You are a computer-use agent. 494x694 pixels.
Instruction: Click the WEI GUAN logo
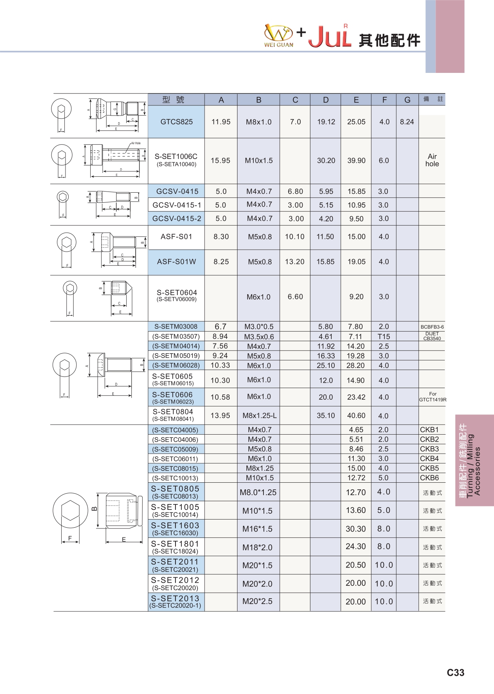pyautogui.click(x=279, y=36)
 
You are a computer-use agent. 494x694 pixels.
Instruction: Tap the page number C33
pyautogui.click(x=455, y=673)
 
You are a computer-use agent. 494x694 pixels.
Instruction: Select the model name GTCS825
pyautogui.click(x=176, y=122)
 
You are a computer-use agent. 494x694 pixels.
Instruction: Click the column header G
pyautogui.click(x=407, y=100)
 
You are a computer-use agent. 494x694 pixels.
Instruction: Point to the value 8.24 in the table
pyautogui.click(x=407, y=122)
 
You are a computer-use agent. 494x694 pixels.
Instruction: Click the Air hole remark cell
pyautogui.click(x=432, y=160)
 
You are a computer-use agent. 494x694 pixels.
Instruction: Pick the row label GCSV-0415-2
pyautogui.click(x=177, y=219)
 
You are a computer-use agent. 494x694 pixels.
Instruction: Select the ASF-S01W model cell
pyautogui.click(x=176, y=262)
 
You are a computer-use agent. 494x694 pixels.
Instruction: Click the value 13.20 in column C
pyautogui.click(x=294, y=262)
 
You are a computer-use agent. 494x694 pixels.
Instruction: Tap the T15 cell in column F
pyautogui.click(x=384, y=337)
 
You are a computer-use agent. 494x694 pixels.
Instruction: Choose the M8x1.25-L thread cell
pyautogui.click(x=260, y=416)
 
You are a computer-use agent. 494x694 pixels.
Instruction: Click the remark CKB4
pyautogui.click(x=429, y=458)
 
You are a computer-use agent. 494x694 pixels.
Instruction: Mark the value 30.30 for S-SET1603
pyautogui.click(x=356, y=529)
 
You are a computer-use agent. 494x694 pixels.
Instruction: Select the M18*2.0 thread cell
pyautogui.click(x=257, y=547)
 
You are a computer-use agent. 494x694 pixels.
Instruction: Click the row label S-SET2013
pyautogui.click(x=175, y=598)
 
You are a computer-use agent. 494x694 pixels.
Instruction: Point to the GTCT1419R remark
pyautogui.click(x=432, y=400)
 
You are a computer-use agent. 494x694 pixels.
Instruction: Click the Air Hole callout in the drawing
pyautogui.click(x=136, y=143)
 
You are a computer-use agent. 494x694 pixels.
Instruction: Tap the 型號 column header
pyautogui.click(x=173, y=100)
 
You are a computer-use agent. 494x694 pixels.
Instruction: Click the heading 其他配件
pyautogui.click(x=389, y=40)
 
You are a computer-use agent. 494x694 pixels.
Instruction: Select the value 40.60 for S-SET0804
pyautogui.click(x=356, y=416)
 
